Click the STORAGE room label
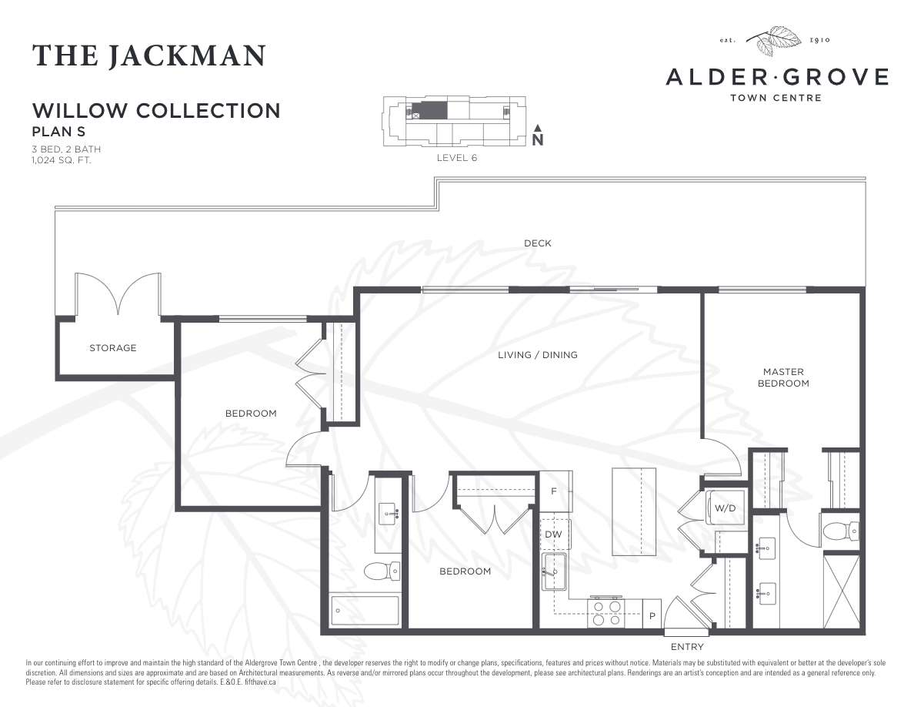(x=112, y=348)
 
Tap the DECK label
(x=537, y=243)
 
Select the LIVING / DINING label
(x=537, y=355)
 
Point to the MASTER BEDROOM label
(x=783, y=377)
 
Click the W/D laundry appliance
(x=725, y=508)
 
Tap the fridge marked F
(x=554, y=491)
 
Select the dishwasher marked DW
(x=553, y=534)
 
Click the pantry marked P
(x=652, y=615)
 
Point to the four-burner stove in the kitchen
(x=605, y=613)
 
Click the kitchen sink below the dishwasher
(x=553, y=571)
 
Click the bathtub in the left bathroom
(x=365, y=611)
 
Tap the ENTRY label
(x=686, y=647)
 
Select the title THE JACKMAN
(x=149, y=55)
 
